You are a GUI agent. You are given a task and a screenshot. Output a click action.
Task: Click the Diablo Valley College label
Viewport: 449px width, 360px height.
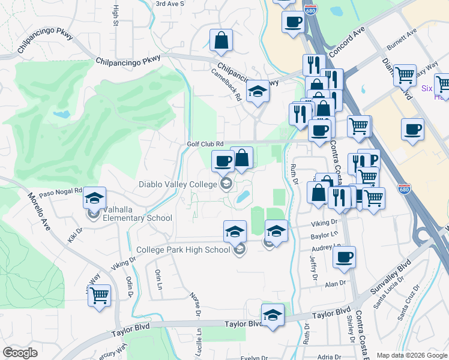pyautogui.click(x=178, y=184)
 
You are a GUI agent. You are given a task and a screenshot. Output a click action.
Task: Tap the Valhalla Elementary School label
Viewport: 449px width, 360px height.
pyautogui.click(x=128, y=217)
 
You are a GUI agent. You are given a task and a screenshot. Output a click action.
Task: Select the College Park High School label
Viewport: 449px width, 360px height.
pyautogui.click(x=183, y=250)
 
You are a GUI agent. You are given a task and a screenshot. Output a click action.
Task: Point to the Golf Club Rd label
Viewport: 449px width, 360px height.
pyautogui.click(x=205, y=144)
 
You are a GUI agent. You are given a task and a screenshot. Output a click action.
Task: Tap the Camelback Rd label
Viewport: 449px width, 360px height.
pyautogui.click(x=226, y=83)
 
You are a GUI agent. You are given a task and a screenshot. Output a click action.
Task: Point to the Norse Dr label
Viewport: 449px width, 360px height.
pyautogui.click(x=194, y=304)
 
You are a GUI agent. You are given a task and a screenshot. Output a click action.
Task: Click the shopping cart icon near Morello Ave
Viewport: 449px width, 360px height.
pyautogui.click(x=99, y=295)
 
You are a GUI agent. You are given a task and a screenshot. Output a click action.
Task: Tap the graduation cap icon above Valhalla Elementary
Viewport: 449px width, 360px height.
pyautogui.click(x=94, y=197)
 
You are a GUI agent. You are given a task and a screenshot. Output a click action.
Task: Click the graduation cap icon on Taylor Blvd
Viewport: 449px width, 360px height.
pyautogui.click(x=273, y=314)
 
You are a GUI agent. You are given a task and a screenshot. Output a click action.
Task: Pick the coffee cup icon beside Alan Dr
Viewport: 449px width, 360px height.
pyautogui.click(x=344, y=257)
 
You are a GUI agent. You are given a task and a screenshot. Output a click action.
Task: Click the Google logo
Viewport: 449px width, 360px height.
pyautogui.click(x=20, y=353)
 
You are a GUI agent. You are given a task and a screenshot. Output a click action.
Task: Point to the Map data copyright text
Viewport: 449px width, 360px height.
pyautogui.click(x=412, y=355)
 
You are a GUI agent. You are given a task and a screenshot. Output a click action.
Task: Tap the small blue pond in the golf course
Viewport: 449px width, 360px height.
pyautogui.click(x=61, y=113)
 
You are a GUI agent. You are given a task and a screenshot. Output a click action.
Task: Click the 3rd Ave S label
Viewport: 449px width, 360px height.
pyautogui.click(x=169, y=4)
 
